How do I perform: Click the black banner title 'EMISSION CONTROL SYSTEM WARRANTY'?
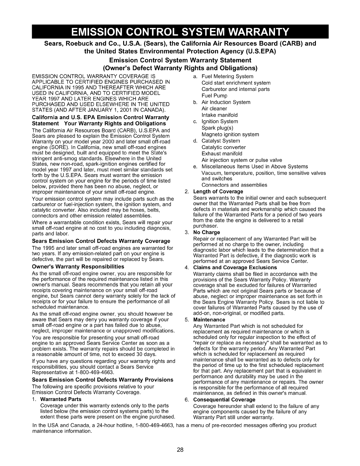[x=180, y=31]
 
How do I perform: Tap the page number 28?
[x=180, y=450]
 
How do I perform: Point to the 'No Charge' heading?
[x=206, y=232]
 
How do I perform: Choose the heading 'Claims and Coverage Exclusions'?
[x=235, y=267]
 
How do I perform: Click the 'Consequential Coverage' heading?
[x=224, y=400]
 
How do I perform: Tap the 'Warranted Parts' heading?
[x=61, y=399]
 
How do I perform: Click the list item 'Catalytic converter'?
[x=224, y=147]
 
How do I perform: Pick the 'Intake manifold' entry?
[x=219, y=115]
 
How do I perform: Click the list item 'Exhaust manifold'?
[x=222, y=154]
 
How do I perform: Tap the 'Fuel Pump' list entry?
[x=214, y=96]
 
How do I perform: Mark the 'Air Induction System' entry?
[x=226, y=102]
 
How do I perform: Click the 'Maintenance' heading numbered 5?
[x=209, y=319]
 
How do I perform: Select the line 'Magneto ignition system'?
[x=230, y=134]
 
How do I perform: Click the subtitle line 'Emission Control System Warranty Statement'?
[x=180, y=60]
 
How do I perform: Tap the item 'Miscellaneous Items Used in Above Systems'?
[x=254, y=167]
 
